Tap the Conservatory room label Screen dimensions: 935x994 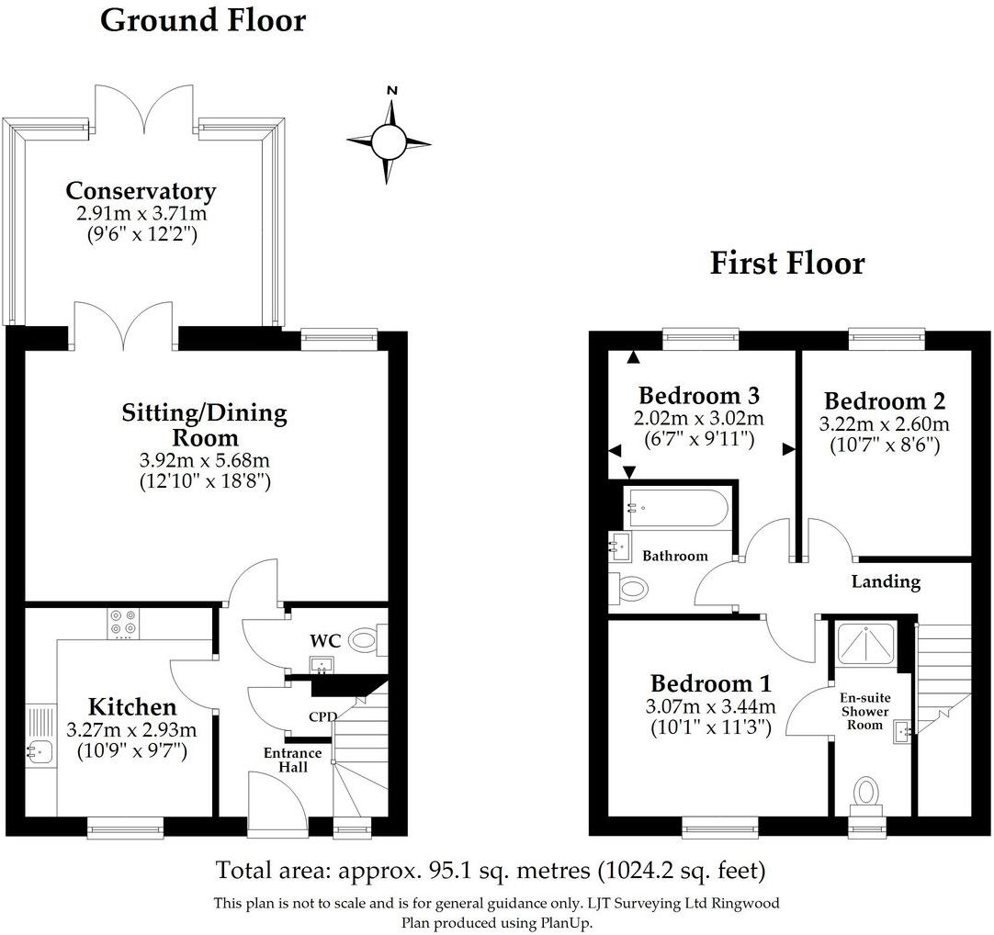click(141, 191)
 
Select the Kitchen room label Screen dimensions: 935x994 click(131, 707)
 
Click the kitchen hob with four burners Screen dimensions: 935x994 click(121, 623)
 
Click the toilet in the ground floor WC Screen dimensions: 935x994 click(368, 636)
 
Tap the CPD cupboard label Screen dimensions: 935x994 click(322, 716)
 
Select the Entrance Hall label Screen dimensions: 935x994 click(293, 760)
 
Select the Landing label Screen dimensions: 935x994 click(886, 581)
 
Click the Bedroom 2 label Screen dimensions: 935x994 click(884, 401)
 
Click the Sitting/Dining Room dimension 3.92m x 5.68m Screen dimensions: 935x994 click(204, 459)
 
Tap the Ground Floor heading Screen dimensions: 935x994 click(202, 19)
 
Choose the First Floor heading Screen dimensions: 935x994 click(786, 264)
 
